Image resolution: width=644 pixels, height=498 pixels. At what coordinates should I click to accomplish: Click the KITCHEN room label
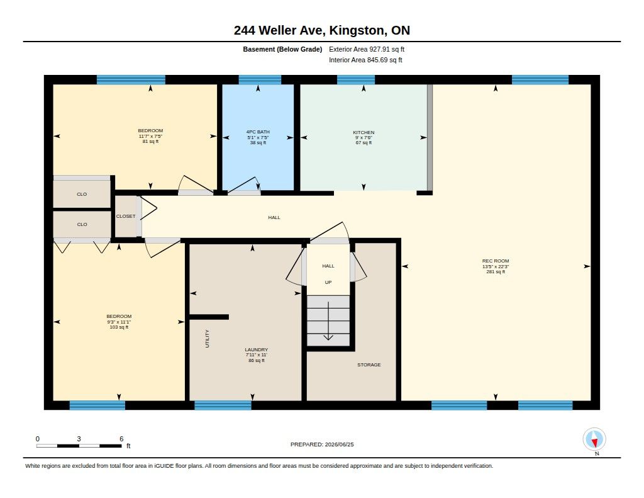[x=364, y=132]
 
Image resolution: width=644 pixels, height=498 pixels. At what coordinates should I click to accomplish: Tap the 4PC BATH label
[x=258, y=132]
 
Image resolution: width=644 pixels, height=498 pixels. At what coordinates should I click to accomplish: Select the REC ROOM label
[x=496, y=261]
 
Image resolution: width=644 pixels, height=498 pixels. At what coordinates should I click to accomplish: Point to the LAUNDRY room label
[x=257, y=349]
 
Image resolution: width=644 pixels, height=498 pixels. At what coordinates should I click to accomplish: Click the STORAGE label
[x=369, y=365]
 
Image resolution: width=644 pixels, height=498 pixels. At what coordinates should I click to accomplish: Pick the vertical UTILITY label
[x=207, y=339]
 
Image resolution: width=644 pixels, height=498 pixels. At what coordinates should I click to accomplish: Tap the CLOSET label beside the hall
[x=126, y=217]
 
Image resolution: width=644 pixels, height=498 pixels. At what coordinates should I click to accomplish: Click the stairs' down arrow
[x=328, y=320]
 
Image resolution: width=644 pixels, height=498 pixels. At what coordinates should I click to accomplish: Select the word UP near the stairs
[x=328, y=282]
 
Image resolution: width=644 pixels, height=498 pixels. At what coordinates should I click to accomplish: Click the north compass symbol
[x=594, y=439]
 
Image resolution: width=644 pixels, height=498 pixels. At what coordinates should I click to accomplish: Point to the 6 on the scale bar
[x=121, y=439]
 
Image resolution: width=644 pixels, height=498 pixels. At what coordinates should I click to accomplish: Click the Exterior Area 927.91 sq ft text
[x=367, y=49]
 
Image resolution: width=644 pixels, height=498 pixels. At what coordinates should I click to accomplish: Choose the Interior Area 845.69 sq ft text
[x=365, y=60]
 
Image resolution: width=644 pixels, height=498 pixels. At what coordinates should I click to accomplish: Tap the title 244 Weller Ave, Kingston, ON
[x=321, y=30]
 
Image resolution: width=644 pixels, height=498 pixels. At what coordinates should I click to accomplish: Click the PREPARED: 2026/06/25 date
[x=322, y=444]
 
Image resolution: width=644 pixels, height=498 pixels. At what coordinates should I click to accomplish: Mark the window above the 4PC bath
[x=260, y=80]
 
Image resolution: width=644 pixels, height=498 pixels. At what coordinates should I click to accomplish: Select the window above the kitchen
[x=356, y=80]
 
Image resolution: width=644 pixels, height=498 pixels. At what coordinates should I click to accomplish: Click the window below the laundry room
[x=223, y=405]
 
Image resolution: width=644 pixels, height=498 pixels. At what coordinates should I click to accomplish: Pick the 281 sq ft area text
[x=496, y=272]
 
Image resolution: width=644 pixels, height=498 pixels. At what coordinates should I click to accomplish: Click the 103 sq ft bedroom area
[x=119, y=327]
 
